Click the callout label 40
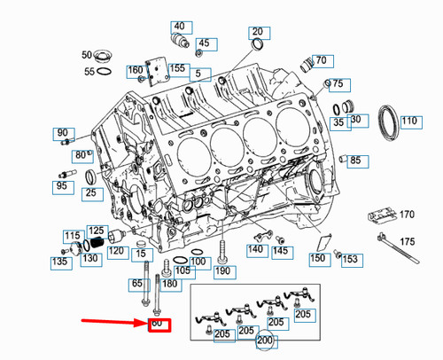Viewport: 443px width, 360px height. (x=180, y=26)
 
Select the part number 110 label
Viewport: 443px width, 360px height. (x=408, y=121)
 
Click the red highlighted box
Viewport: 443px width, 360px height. (x=158, y=325)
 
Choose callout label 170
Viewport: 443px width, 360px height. (x=406, y=215)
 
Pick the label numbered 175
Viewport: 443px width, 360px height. (x=407, y=241)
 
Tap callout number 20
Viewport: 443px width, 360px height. (x=257, y=31)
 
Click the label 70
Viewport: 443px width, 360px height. (x=321, y=60)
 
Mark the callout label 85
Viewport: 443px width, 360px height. (x=355, y=160)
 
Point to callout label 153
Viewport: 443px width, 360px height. (x=351, y=259)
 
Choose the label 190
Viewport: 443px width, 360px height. (x=222, y=270)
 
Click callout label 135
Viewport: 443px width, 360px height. (x=59, y=262)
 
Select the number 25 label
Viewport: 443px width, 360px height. (x=89, y=192)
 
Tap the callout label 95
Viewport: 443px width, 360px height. (x=61, y=186)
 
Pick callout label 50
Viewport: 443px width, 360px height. (x=87, y=55)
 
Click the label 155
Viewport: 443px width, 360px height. (x=177, y=67)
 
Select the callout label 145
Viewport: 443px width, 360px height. (x=281, y=251)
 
